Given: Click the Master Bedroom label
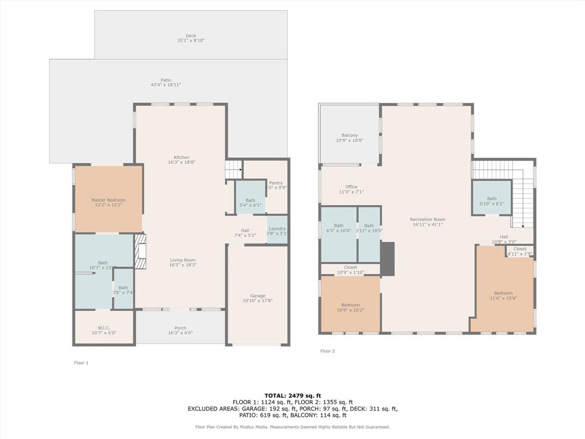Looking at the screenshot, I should (108, 200).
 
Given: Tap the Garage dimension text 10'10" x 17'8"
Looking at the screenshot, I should (257, 301).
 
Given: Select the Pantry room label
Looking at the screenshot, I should (276, 183).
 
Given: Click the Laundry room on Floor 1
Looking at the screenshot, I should (277, 229).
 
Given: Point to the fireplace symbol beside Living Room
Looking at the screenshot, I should (140, 251).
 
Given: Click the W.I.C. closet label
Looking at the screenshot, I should (103, 328).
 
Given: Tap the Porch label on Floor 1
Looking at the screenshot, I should (180, 328).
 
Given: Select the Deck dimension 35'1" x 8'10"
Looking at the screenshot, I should (191, 41).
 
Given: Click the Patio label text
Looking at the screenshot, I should (166, 80).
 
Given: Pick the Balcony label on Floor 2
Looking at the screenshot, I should (349, 135).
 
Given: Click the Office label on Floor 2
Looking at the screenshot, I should (351, 187).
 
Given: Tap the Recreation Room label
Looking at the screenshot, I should (427, 219).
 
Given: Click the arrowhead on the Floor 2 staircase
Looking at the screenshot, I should (523, 226).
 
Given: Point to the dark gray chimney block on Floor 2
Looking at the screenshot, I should (387, 259).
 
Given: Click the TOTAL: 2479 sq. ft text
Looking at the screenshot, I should (292, 396).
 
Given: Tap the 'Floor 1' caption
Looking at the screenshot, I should (81, 363).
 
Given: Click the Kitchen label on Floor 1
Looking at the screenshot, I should (182, 158).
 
